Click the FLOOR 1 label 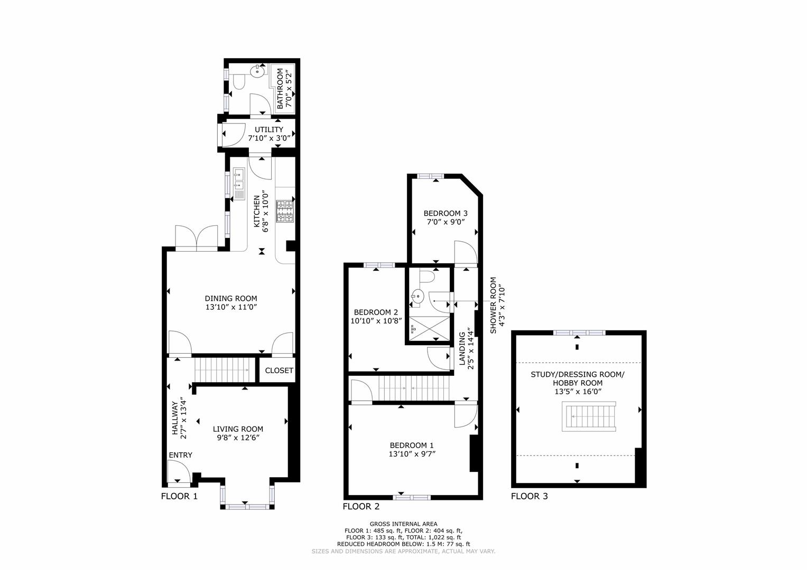click(179, 496)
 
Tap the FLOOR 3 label click(529, 496)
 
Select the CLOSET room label click(279, 370)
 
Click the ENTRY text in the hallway click(180, 455)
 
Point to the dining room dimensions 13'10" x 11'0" click(231, 307)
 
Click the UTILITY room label click(268, 130)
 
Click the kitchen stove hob click(284, 211)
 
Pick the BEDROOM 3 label click(446, 213)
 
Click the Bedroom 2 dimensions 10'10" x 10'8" click(376, 320)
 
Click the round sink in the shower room click(418, 297)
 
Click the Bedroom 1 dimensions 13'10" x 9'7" click(412, 453)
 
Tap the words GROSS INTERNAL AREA click(403, 524)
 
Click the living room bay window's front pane click(247, 507)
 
